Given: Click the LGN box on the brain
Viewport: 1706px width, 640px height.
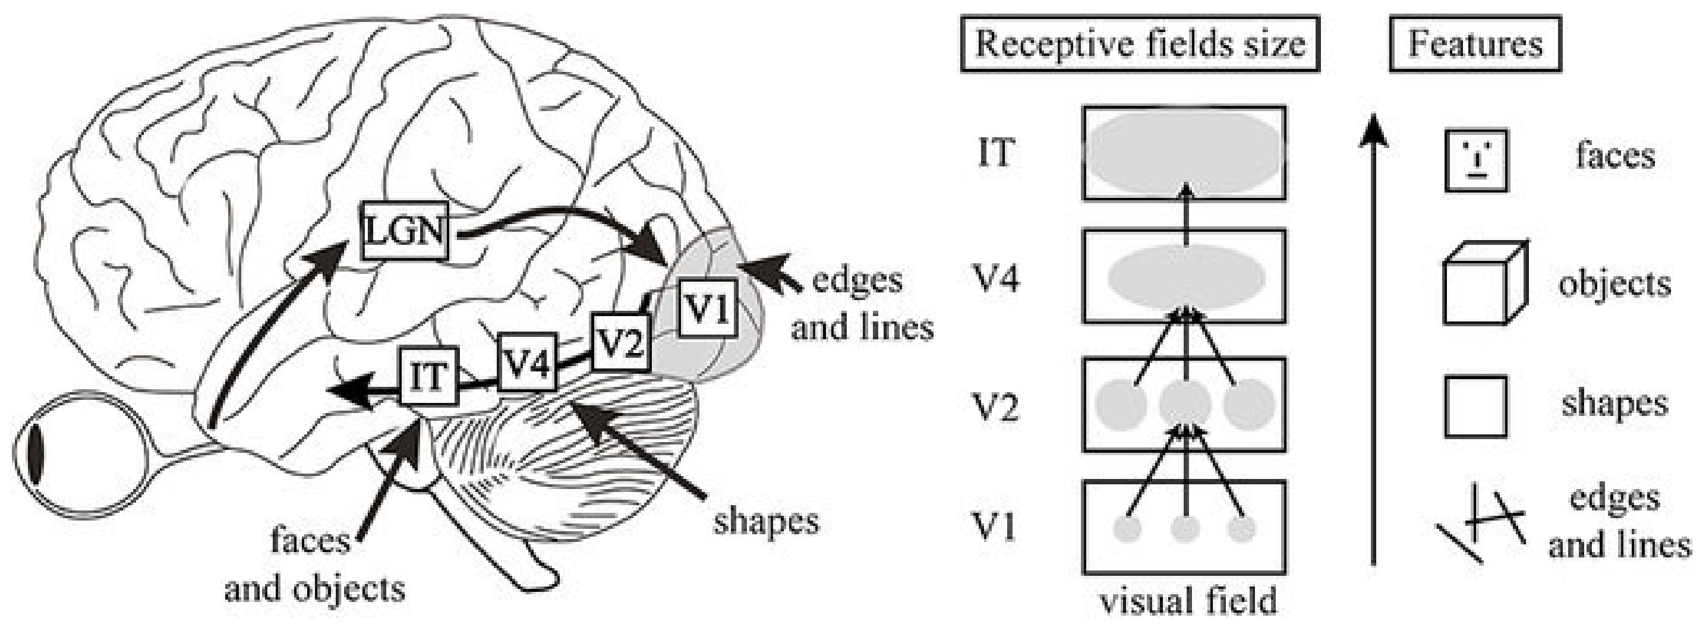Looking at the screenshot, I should (x=405, y=231).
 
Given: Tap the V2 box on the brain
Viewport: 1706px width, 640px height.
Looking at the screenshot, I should (x=620, y=342).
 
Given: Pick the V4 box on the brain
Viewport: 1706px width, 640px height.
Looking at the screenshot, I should (x=527, y=362).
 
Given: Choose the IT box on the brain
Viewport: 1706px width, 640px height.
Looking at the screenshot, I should (x=429, y=376).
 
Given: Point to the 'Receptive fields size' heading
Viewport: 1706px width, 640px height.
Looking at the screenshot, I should (x=1140, y=44).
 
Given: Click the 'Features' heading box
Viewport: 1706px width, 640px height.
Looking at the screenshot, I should (x=1475, y=44).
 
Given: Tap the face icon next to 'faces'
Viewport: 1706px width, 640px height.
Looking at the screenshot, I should (x=1476, y=161).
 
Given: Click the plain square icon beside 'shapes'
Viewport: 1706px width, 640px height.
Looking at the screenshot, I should (x=1475, y=406).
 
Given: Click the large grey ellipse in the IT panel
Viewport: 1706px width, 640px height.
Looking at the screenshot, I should (x=1184, y=152).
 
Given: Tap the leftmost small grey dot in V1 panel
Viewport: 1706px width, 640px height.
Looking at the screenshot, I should (x=1128, y=529).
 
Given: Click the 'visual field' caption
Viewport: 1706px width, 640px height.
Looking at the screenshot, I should (x=1188, y=601).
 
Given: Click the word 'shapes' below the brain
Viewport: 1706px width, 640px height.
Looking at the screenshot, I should (x=766, y=521).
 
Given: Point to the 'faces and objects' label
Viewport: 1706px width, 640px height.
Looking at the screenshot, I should (x=314, y=565).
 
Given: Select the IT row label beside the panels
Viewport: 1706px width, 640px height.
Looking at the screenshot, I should (x=995, y=153).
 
